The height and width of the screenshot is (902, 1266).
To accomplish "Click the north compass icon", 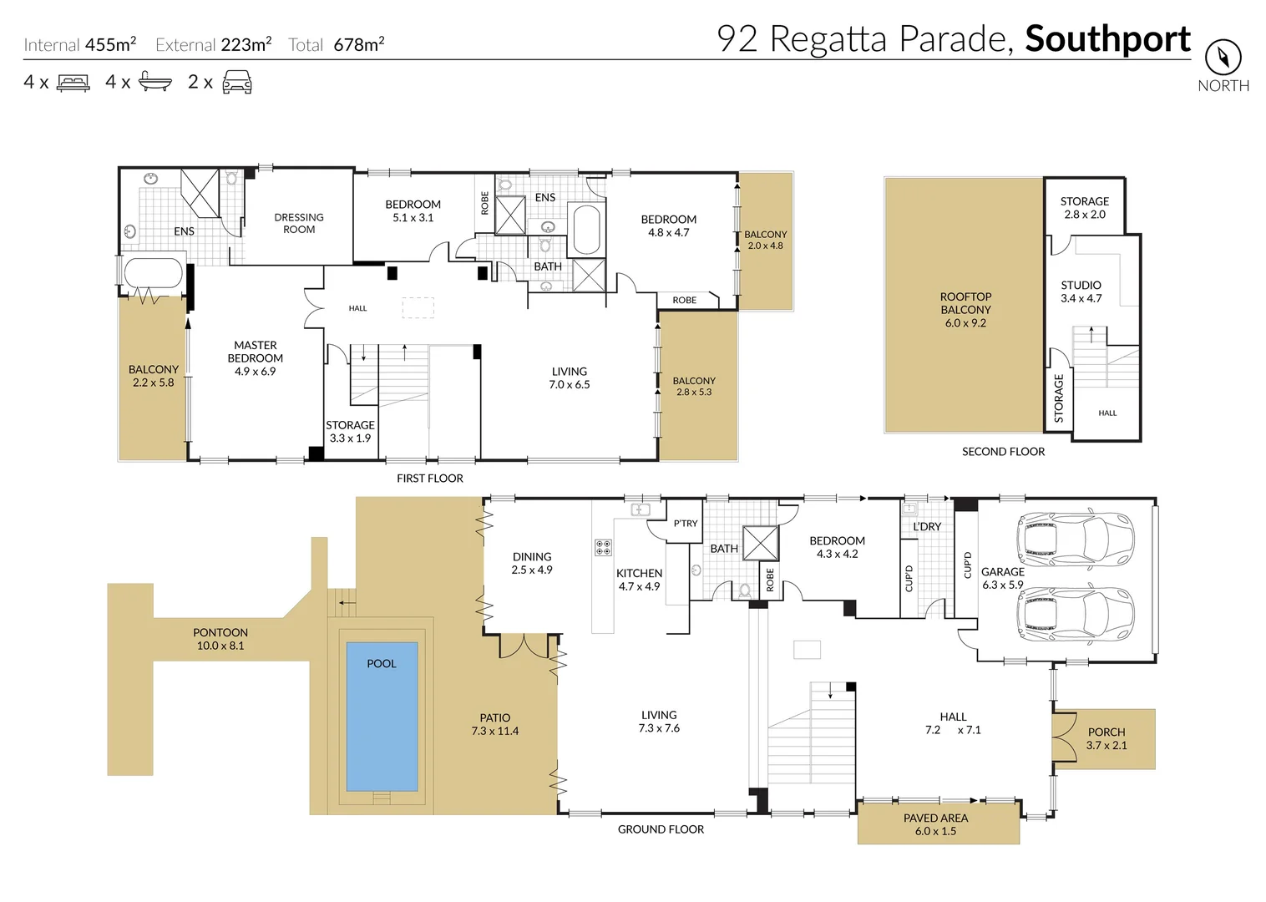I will [1223, 58].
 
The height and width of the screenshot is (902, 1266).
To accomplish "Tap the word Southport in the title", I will [1107, 39].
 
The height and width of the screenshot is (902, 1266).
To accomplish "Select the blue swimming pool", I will [382, 716].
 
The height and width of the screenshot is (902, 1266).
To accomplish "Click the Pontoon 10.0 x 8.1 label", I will [220, 639].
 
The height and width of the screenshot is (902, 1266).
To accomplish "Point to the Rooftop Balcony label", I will [965, 309].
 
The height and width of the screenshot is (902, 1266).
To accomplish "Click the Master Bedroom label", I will [255, 357].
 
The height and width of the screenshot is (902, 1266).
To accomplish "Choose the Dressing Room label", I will [299, 223].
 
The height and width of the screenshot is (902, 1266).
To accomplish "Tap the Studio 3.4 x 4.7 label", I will [1081, 291].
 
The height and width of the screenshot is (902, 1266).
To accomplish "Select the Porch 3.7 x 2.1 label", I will [1106, 738].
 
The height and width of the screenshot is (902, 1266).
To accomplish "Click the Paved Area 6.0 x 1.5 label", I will [935, 824].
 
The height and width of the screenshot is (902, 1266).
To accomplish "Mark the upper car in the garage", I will [1075, 538].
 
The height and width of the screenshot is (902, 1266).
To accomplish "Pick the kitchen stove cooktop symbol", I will [603, 548].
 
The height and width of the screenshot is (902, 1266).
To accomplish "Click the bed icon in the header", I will [73, 83].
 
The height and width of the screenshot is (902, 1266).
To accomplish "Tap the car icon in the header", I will [237, 82].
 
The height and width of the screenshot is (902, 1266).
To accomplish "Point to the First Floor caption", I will [429, 479].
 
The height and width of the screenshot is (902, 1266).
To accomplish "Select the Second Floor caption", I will [1003, 452].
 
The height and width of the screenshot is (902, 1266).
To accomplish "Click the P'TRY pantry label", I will [685, 524].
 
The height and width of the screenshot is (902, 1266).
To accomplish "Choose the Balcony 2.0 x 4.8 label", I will [765, 240].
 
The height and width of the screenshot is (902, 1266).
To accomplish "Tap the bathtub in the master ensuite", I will [153, 273].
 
